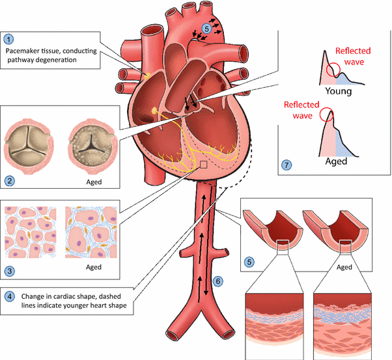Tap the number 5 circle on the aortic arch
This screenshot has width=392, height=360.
tap(206, 29)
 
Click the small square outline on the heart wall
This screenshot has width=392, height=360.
tap(204, 166)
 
